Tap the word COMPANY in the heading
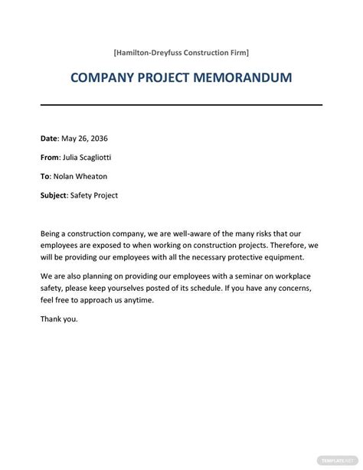(103, 78)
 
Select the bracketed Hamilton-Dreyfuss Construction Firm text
(181, 52)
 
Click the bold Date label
(48, 139)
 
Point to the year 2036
(99, 139)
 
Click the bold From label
(50, 158)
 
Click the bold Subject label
(54, 195)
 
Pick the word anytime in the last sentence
(139, 300)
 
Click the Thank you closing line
(59, 319)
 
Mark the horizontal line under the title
(181, 106)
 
